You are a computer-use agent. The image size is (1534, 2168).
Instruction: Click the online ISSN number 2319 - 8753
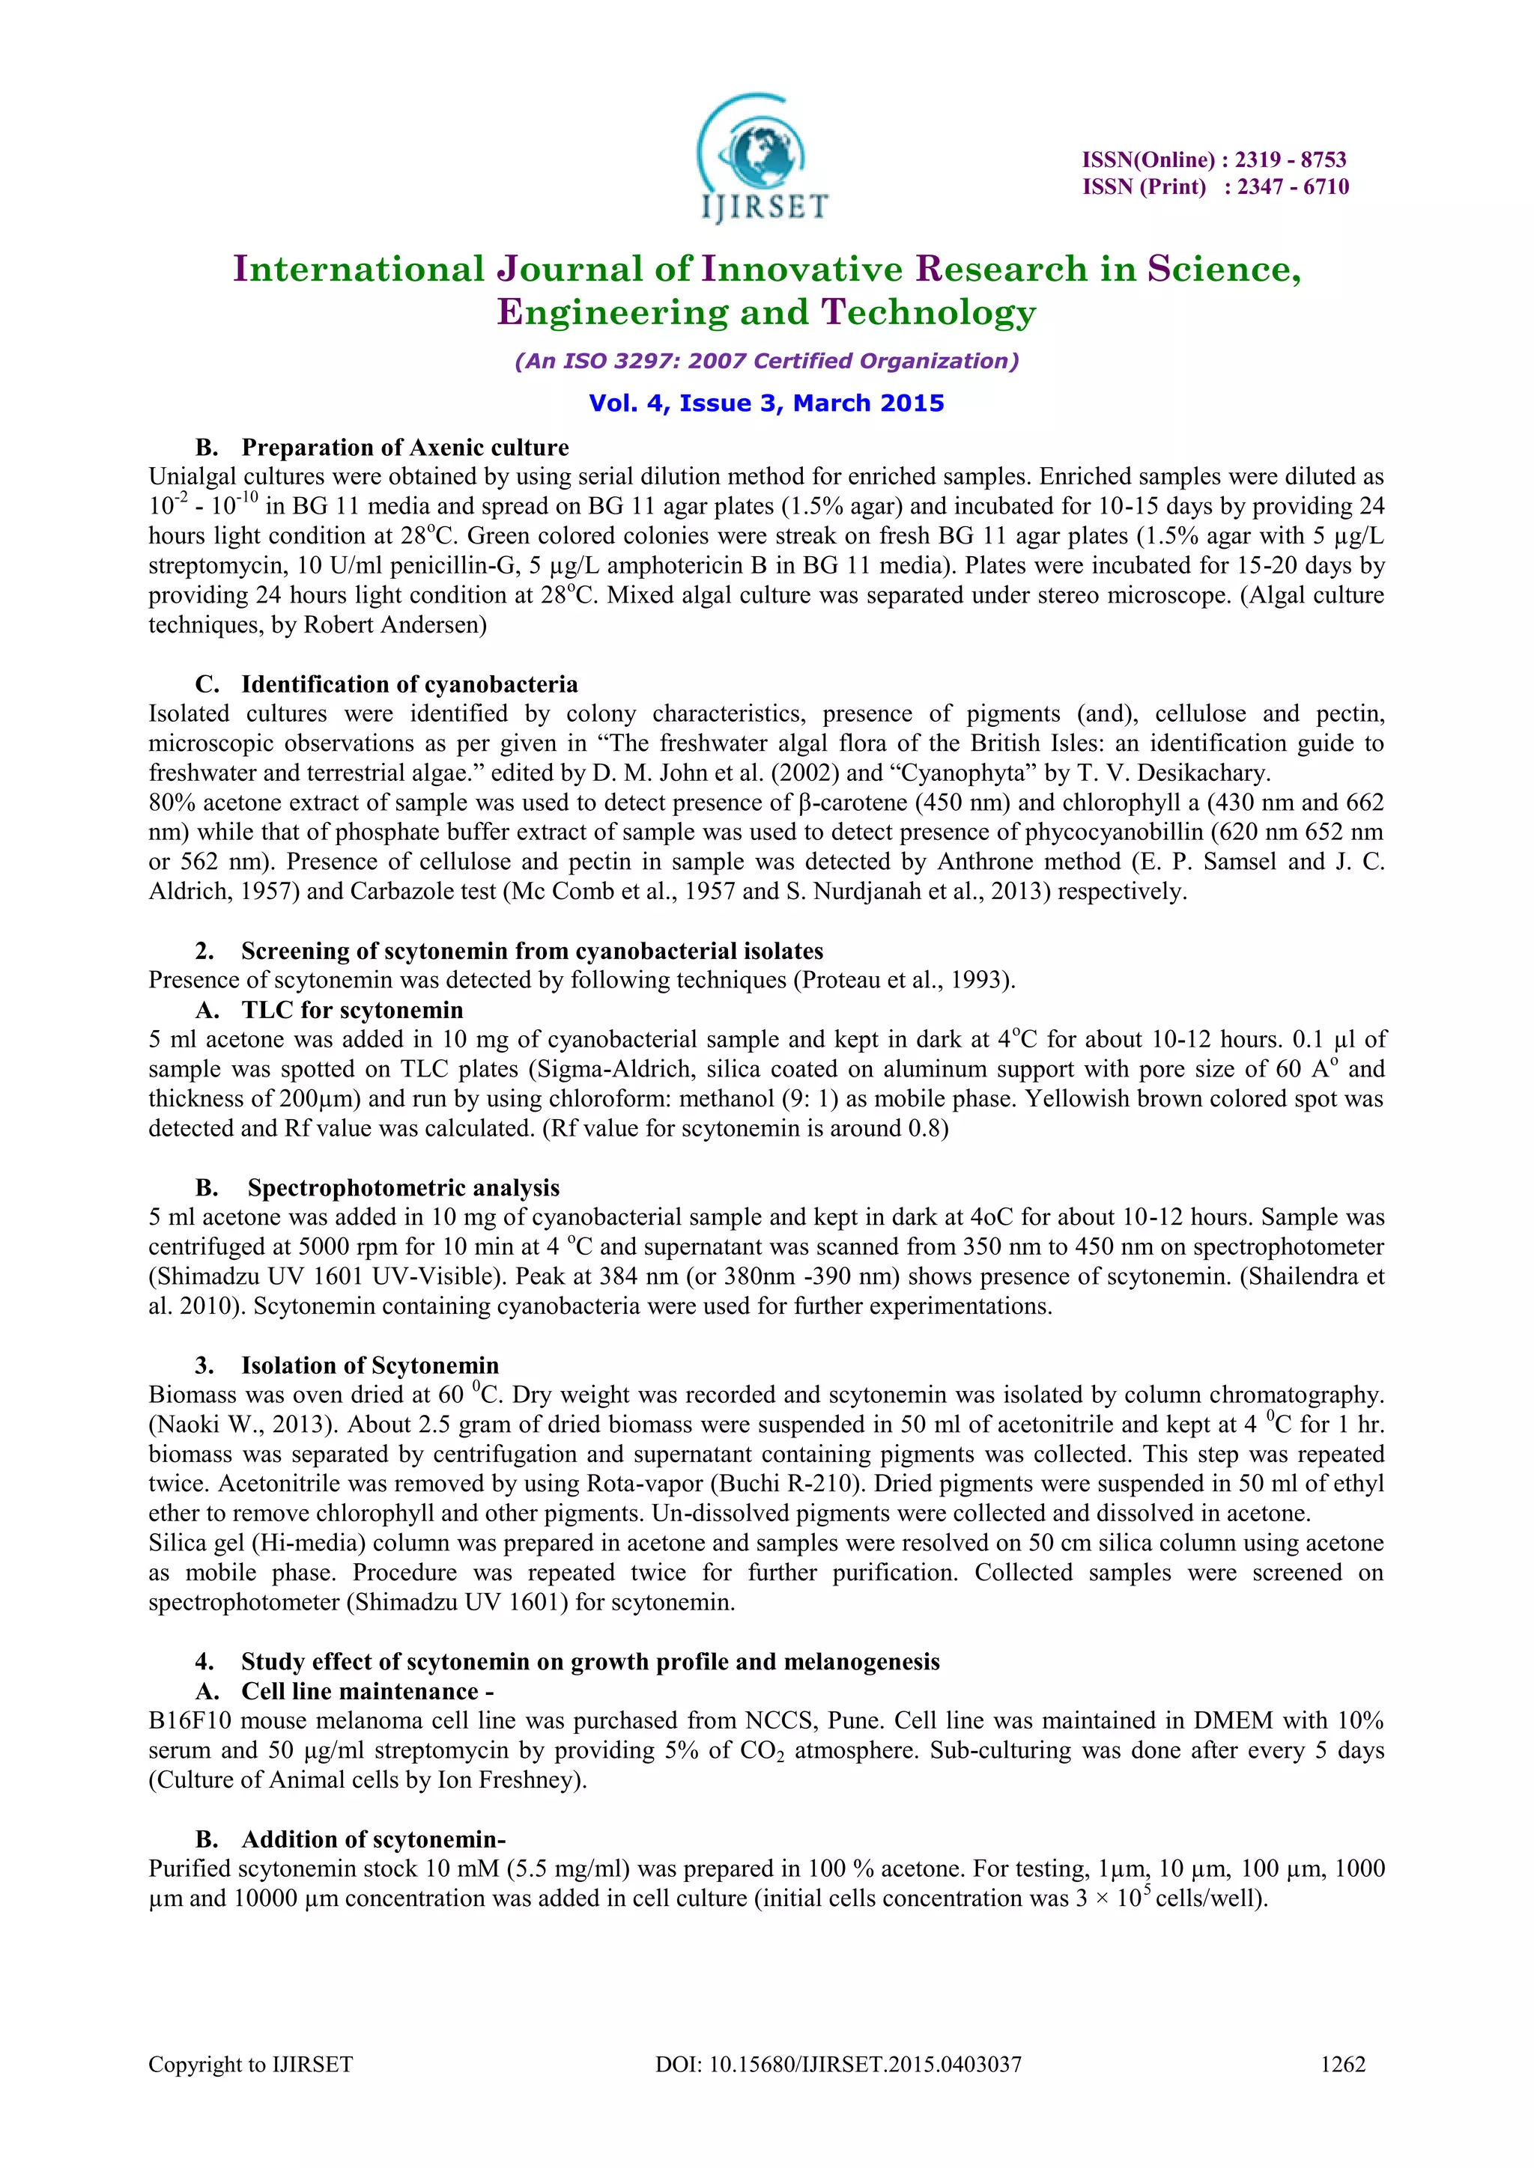pyautogui.click(x=1291, y=159)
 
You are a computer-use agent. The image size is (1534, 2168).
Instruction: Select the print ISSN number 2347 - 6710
pyautogui.click(x=1293, y=187)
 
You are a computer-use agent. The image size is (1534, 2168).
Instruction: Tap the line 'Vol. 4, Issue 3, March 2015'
pyautogui.click(x=766, y=404)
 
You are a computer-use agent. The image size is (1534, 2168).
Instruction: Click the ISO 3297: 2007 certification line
pyautogui.click(x=766, y=361)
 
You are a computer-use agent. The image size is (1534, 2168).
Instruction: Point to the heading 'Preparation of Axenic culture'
pyautogui.click(x=405, y=448)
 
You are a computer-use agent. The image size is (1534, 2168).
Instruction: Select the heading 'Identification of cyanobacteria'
pyautogui.click(x=409, y=683)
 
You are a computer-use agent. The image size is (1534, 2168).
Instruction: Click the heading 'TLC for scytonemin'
pyautogui.click(x=352, y=1009)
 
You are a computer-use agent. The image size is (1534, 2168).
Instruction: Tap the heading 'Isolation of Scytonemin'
pyautogui.click(x=369, y=1365)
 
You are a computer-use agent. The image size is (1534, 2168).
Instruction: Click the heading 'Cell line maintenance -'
pyautogui.click(x=368, y=1691)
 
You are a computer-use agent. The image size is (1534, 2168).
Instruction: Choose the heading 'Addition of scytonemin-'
pyautogui.click(x=373, y=1839)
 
